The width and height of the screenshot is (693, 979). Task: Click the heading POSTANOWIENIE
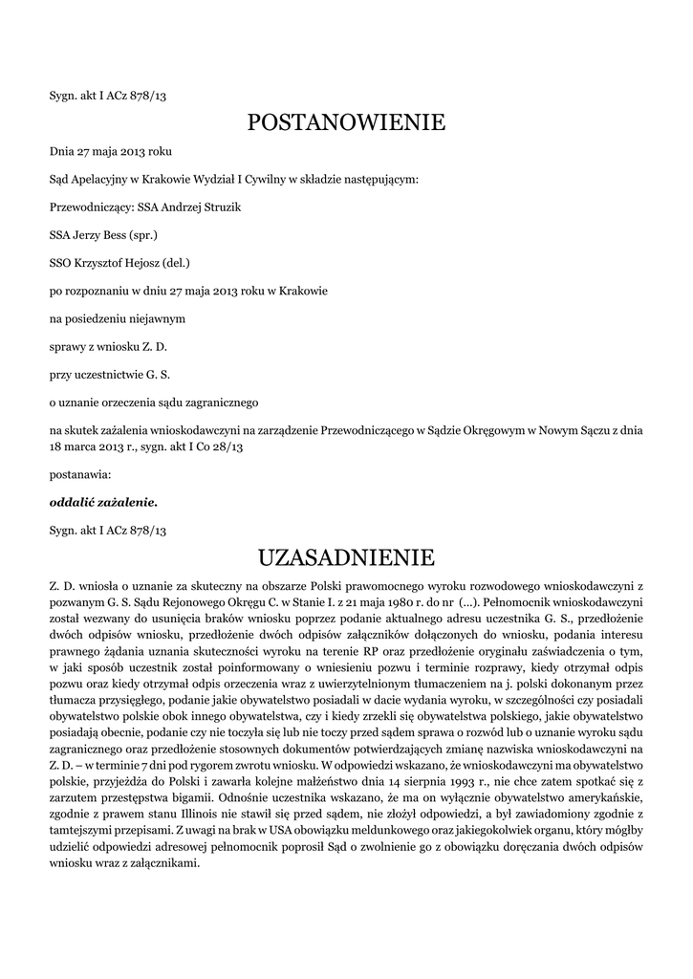point(346,122)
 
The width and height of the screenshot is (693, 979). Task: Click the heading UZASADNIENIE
point(346,556)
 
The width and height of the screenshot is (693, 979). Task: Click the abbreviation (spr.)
point(142,234)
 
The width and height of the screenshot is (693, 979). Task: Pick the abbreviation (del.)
point(178,261)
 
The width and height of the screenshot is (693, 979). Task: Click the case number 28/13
point(227,446)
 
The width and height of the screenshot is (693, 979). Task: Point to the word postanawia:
point(79,473)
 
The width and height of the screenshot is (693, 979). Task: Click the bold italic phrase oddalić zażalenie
point(103,501)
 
